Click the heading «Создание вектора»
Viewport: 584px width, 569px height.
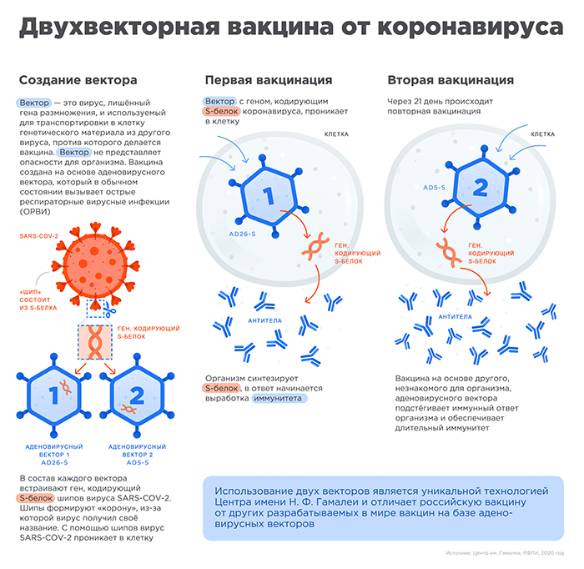tap(78, 80)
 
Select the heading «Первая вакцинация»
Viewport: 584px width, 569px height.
tap(269, 80)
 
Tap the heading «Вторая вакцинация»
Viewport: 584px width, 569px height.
tap(451, 80)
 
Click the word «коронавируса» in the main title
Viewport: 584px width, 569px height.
tap(471, 28)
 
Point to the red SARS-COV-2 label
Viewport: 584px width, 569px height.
tap(38, 236)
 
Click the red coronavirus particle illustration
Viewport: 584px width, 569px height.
tap(95, 265)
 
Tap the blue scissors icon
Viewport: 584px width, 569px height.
tap(109, 310)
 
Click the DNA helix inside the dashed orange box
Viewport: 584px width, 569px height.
tap(95, 342)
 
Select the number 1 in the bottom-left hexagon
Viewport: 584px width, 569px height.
tap(53, 395)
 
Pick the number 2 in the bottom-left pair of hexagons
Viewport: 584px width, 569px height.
tap(137, 395)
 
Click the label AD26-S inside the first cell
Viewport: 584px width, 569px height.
tap(242, 234)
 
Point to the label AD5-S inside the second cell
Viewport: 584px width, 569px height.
tap(434, 188)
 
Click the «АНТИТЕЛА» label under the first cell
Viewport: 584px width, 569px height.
tap(264, 320)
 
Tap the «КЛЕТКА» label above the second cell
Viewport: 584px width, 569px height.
tap(542, 134)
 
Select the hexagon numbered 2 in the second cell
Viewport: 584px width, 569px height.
tap(481, 188)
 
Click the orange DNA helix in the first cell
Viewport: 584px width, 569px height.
tap(315, 246)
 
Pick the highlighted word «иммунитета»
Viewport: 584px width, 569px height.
tap(278, 399)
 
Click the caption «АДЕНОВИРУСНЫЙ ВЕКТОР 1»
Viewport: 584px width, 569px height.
tap(54, 451)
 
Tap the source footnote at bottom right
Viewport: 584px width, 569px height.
tap(505, 553)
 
